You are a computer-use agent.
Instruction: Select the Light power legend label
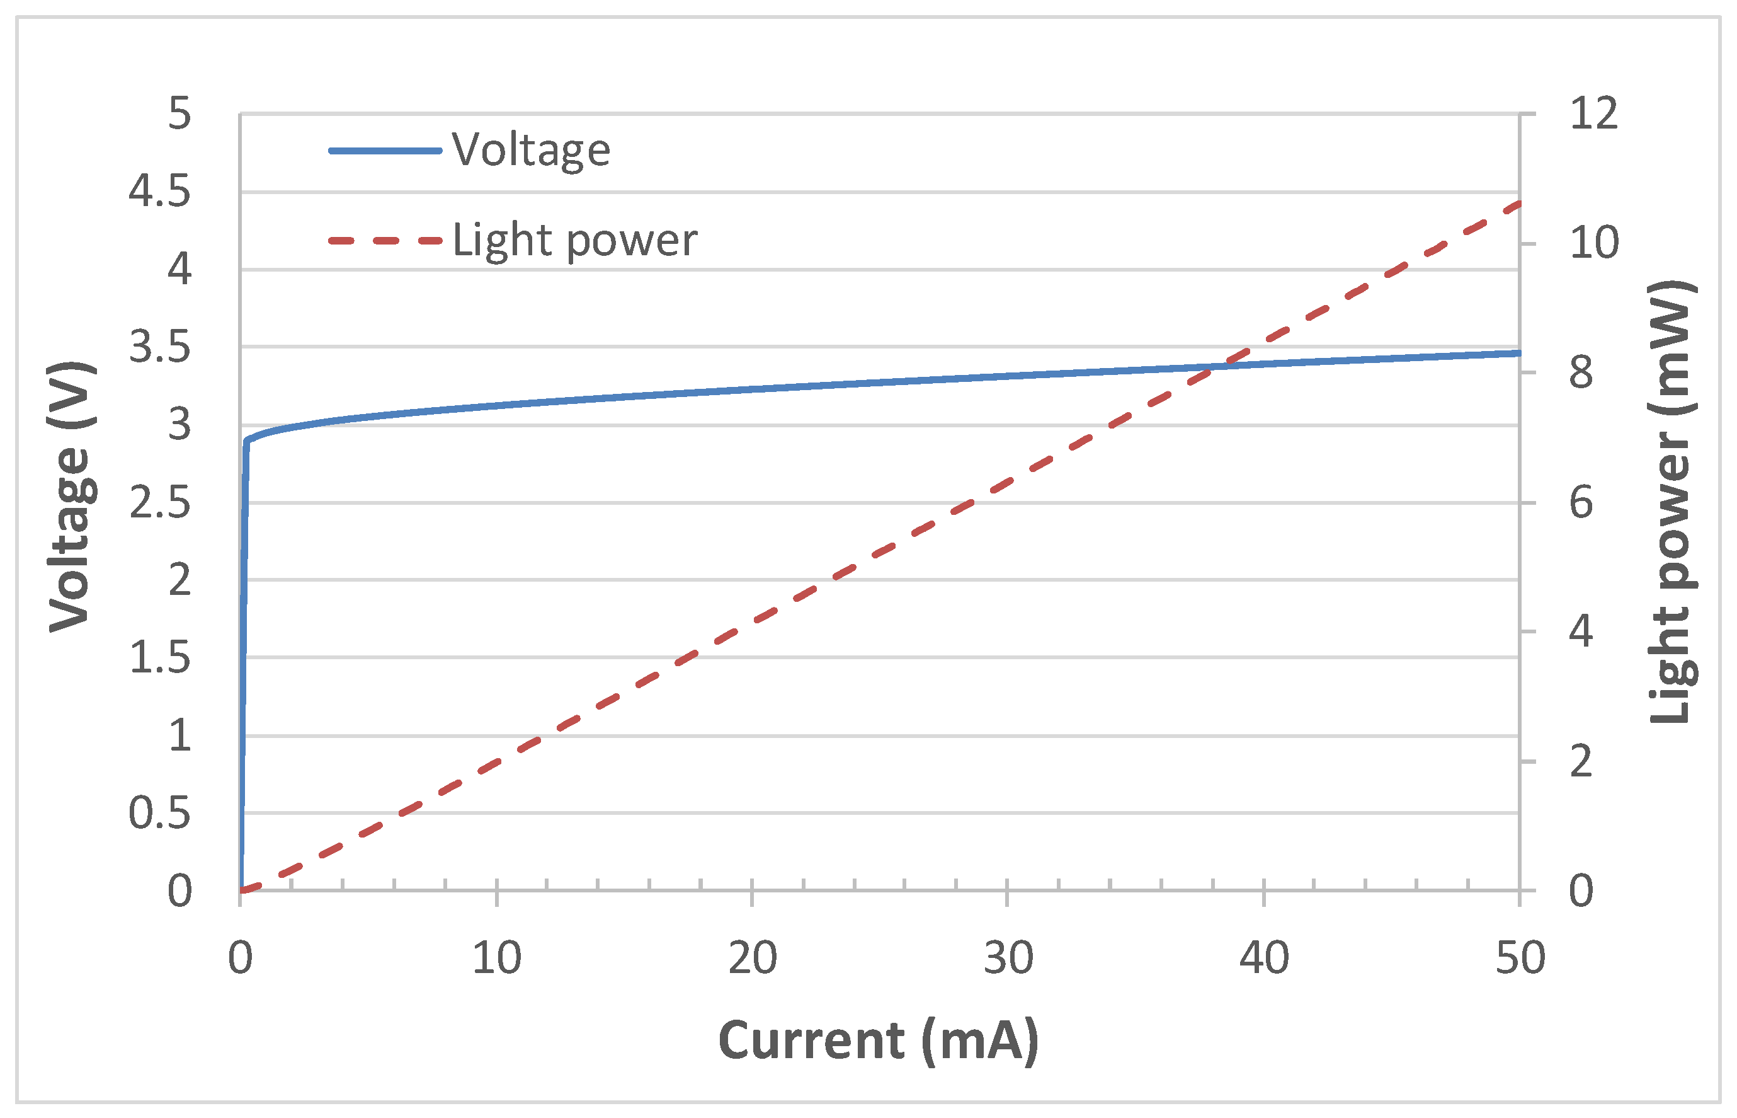click(574, 240)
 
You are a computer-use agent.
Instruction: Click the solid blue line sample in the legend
click(385, 151)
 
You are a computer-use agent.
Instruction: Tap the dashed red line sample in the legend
click(385, 240)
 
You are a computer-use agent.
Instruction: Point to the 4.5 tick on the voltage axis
click(159, 192)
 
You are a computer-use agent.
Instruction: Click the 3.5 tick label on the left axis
click(159, 347)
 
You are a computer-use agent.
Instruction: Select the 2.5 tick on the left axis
click(159, 502)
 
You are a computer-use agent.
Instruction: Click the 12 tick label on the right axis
click(1593, 114)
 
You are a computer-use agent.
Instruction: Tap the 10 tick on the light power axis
click(1593, 243)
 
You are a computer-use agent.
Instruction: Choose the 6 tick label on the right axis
click(1581, 502)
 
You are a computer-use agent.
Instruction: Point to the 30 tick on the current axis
click(1008, 959)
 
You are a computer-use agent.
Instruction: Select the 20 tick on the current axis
click(753, 959)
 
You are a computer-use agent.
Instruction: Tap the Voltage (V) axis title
click(71, 497)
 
